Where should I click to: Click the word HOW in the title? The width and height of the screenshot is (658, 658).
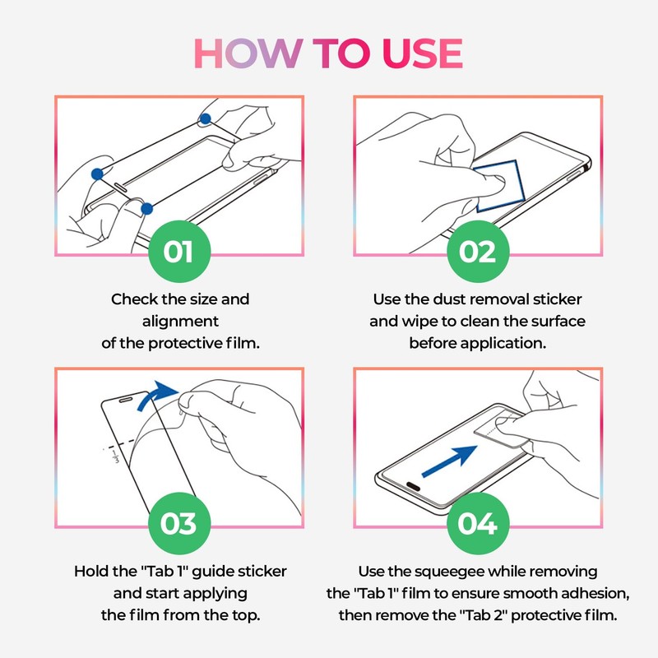click(x=248, y=53)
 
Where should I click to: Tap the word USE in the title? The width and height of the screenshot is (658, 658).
click(x=423, y=53)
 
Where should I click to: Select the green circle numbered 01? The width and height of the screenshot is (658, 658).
click(x=179, y=252)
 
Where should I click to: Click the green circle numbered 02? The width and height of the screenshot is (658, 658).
click(x=478, y=252)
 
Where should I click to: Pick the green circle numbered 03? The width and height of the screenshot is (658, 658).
click(x=179, y=523)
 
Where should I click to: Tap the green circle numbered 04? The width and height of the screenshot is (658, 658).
click(x=478, y=523)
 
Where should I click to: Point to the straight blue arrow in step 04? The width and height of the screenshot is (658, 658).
click(x=449, y=461)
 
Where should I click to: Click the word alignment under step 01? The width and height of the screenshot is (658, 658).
click(x=180, y=322)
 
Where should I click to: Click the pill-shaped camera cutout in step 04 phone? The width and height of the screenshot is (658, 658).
click(x=413, y=486)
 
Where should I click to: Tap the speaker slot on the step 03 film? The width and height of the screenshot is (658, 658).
click(x=126, y=400)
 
